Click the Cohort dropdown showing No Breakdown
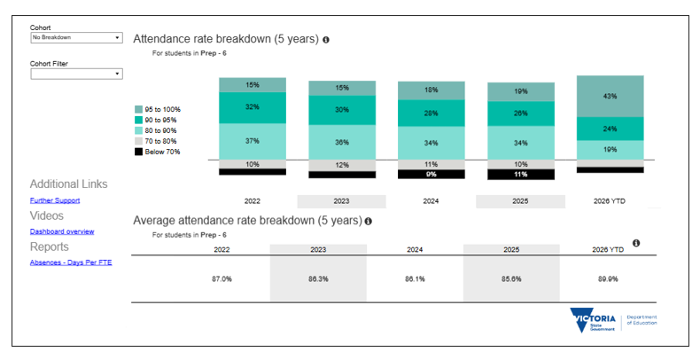(76, 37)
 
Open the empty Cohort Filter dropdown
(76, 74)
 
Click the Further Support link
(55, 200)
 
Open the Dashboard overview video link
(62, 231)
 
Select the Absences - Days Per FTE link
(71, 262)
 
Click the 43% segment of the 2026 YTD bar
(610, 97)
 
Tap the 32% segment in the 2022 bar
(253, 107)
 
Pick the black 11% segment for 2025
(520, 175)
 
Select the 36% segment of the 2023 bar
(342, 143)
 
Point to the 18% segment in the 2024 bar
(432, 90)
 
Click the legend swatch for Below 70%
(139, 152)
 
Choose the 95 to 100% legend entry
(158, 109)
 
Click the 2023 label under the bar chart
(341, 201)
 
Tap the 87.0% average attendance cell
(222, 279)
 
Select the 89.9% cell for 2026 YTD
(608, 279)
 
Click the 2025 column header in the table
(511, 250)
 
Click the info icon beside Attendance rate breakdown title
(326, 40)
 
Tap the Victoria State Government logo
(593, 320)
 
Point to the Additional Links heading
(69, 184)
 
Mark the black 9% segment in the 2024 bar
(432, 174)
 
